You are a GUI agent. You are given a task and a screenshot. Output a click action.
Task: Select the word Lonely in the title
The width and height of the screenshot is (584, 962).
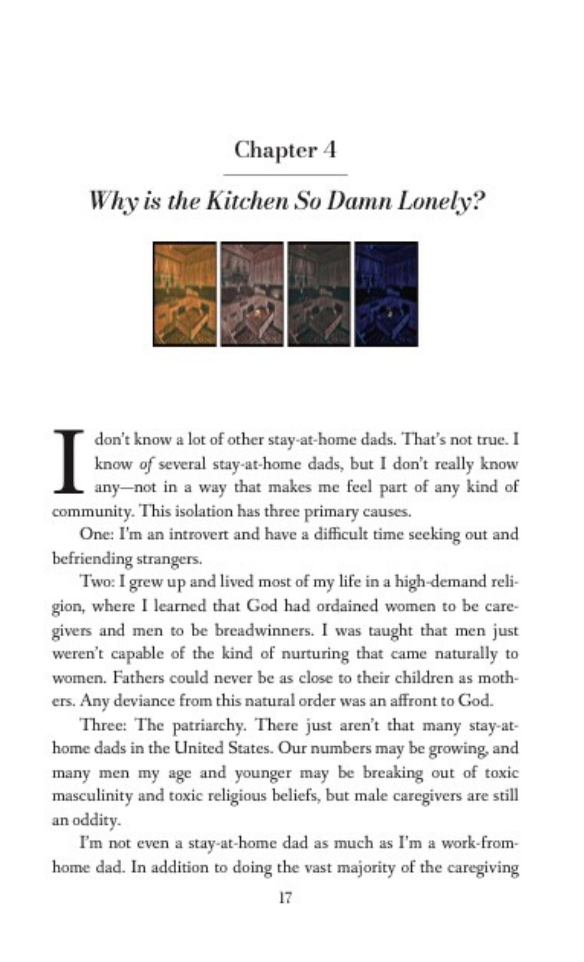pyautogui.click(x=441, y=202)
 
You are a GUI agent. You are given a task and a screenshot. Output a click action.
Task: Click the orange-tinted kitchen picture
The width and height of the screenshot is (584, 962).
pyautogui.click(x=184, y=294)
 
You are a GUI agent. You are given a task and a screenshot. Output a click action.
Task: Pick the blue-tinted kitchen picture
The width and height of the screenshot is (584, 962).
pyautogui.click(x=386, y=294)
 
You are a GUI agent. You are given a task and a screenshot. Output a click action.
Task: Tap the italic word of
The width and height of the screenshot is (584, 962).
pyautogui.click(x=146, y=465)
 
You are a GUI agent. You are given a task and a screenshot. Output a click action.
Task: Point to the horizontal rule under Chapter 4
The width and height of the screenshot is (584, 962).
pyautogui.click(x=285, y=174)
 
